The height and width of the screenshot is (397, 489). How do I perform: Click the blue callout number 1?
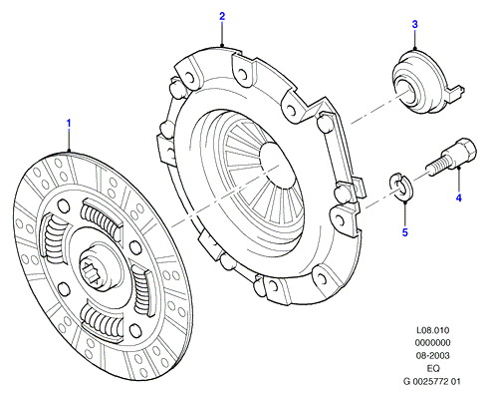coord(69,124)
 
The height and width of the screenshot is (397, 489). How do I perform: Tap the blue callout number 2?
coord(222,16)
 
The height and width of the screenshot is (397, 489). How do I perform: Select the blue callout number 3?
coord(414,24)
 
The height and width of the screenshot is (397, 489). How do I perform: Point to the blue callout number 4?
coord(458,198)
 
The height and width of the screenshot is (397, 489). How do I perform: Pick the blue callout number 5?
coord(405,232)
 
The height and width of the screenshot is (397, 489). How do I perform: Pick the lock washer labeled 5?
coord(400,187)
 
